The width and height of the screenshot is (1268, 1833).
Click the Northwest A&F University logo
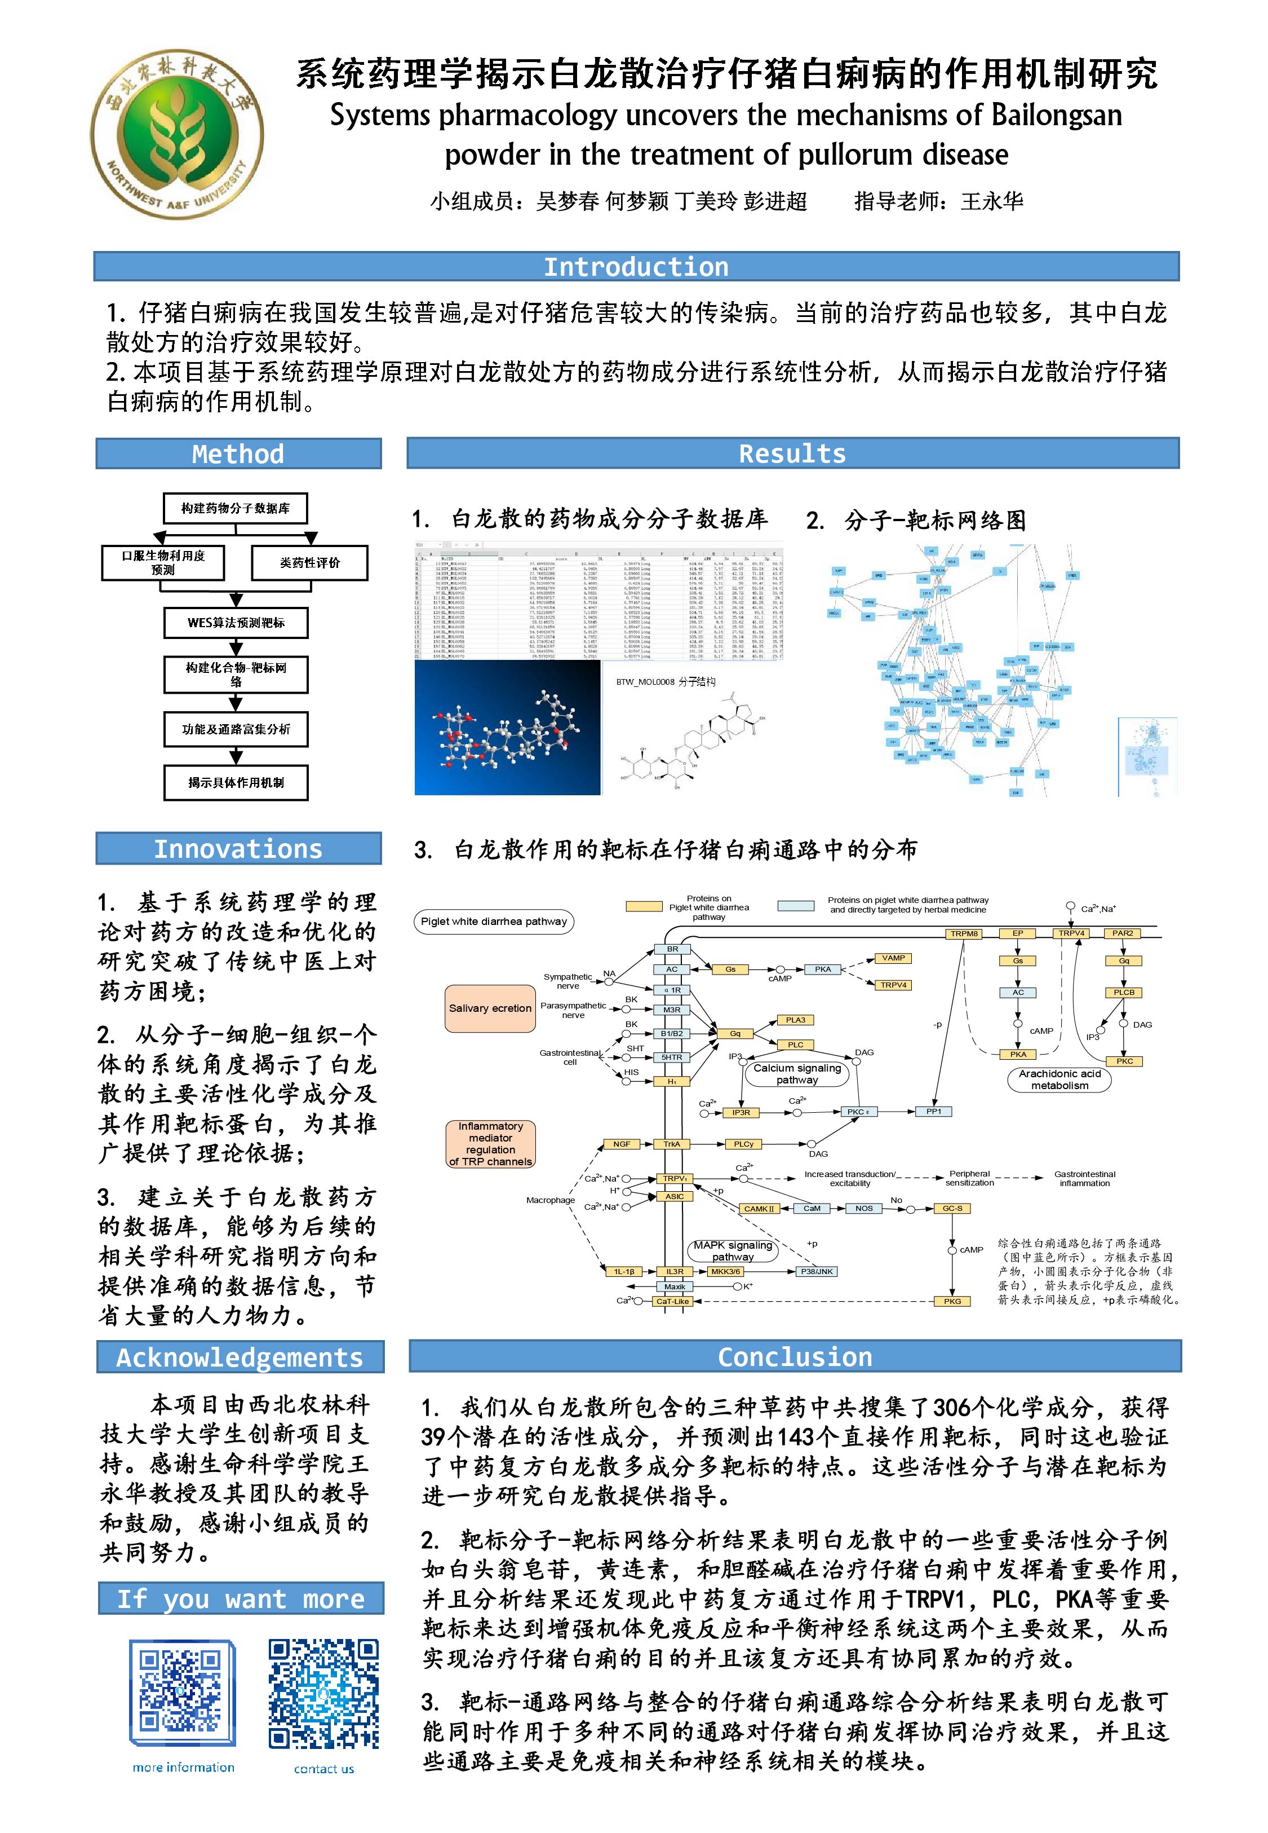(x=176, y=134)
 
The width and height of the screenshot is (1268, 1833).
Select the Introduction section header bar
(x=636, y=266)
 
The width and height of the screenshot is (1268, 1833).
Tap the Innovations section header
(x=238, y=848)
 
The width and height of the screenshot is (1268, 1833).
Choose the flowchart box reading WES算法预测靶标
(x=236, y=623)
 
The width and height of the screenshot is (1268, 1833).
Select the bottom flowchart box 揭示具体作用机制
(x=236, y=782)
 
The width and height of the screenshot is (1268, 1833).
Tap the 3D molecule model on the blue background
(x=507, y=728)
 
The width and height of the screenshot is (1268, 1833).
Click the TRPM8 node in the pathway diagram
(x=964, y=933)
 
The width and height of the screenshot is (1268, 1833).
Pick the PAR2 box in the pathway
(x=1123, y=933)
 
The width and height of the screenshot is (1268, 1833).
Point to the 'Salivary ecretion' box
(x=490, y=1008)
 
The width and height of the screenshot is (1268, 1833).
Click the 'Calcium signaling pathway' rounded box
(x=797, y=1074)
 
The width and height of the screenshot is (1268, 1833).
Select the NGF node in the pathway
(x=621, y=1144)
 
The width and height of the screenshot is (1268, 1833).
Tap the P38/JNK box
(x=817, y=1271)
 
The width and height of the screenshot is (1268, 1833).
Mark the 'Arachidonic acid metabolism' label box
(x=1060, y=1079)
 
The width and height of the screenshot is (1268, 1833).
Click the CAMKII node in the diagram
(x=759, y=1208)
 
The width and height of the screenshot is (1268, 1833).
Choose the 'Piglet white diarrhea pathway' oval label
(x=493, y=921)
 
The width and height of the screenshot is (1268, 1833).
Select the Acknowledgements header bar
(x=240, y=1357)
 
